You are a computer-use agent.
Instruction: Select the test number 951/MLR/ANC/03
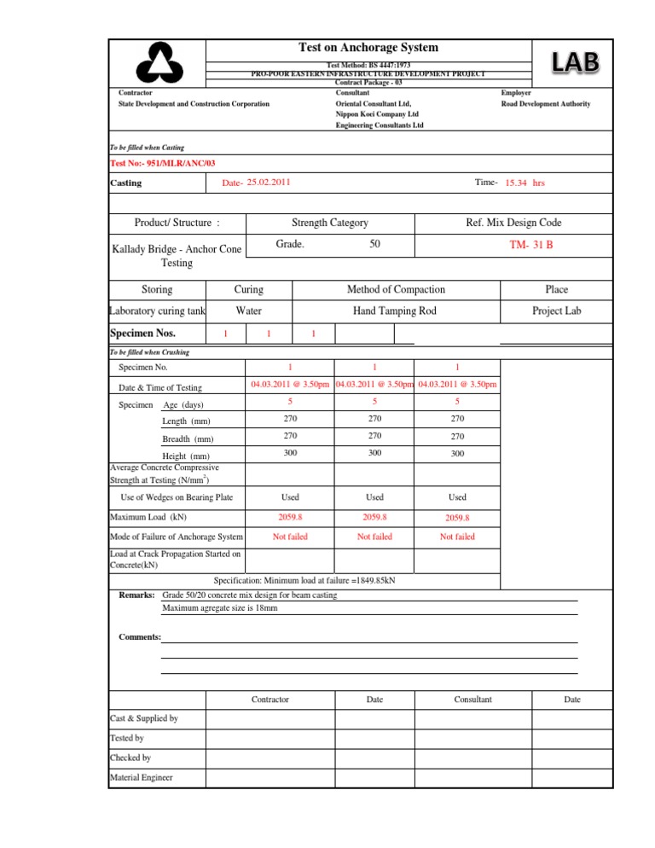(x=151, y=163)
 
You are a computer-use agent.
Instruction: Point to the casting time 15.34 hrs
(x=525, y=183)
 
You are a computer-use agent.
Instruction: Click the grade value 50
(x=374, y=244)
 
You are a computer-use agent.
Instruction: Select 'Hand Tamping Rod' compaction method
(x=394, y=311)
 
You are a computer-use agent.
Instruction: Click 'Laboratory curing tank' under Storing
(x=158, y=311)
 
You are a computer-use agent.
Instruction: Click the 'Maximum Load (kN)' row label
(x=148, y=517)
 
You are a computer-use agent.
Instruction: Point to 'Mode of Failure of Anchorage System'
(x=177, y=537)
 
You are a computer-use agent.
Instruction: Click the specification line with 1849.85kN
(x=327, y=580)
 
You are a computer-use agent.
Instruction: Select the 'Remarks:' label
(x=136, y=594)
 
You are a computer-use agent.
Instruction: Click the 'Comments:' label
(x=138, y=636)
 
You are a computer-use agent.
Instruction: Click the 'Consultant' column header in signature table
(x=472, y=700)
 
